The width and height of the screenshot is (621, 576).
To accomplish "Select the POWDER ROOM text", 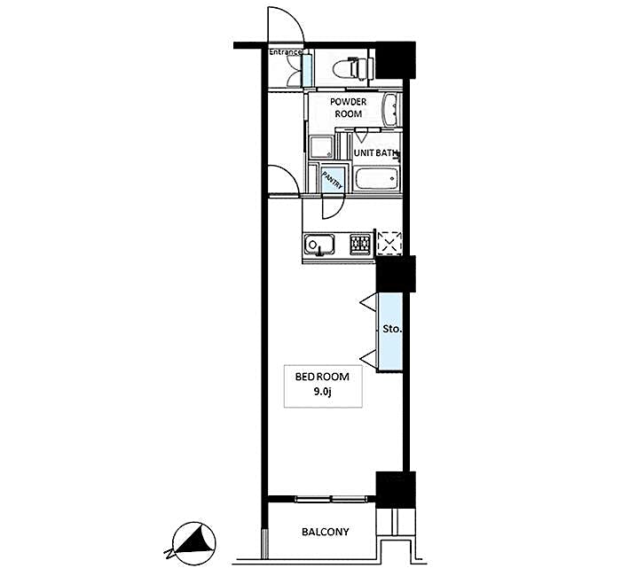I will [x=348, y=108].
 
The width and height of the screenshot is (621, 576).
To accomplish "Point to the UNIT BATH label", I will [x=374, y=153].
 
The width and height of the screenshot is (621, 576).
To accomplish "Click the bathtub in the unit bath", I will [x=375, y=179].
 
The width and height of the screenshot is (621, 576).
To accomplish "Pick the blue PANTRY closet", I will [x=332, y=179].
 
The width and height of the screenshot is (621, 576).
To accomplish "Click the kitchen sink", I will [x=318, y=244].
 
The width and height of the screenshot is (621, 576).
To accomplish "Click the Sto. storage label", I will [x=390, y=329].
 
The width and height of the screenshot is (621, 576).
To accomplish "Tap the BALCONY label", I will [x=325, y=533].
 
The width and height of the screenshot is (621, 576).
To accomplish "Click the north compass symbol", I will [x=193, y=542].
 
